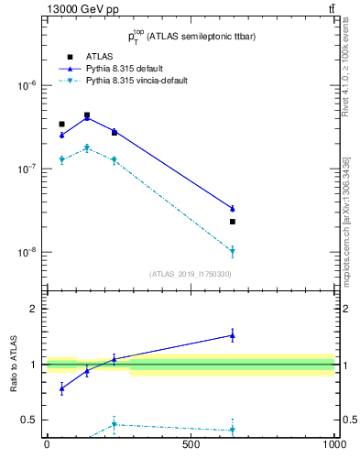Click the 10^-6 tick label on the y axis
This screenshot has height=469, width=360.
coord(27,86)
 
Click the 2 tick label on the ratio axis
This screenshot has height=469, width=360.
coord(34,309)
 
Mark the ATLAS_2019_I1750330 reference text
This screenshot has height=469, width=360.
coord(191,274)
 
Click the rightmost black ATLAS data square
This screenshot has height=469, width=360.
coord(232,222)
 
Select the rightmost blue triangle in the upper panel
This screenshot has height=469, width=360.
coord(232,209)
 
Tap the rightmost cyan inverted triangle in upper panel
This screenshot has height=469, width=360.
coord(232,251)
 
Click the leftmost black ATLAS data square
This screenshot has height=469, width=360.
coord(61,124)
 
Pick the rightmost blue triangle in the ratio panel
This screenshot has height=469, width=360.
coord(232,335)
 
